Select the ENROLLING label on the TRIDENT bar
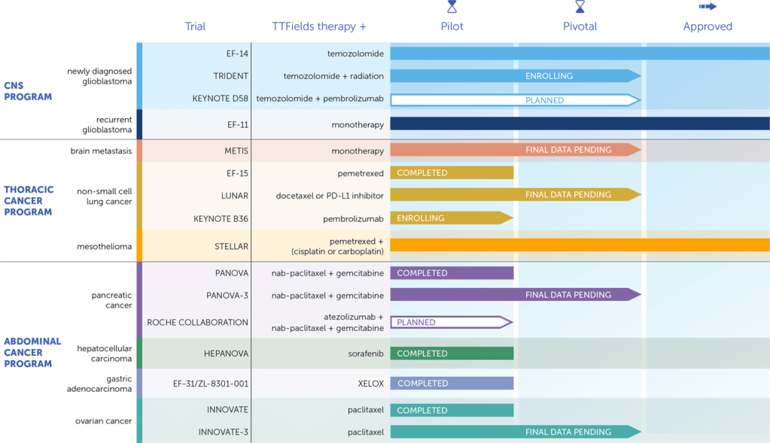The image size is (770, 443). pyautogui.click(x=549, y=76)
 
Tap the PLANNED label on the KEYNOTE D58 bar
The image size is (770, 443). pyautogui.click(x=544, y=100)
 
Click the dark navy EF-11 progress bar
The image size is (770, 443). pyautogui.click(x=580, y=124)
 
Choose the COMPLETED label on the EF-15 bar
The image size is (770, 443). pyautogui.click(x=422, y=173)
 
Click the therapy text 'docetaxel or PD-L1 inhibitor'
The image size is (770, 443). pyautogui.click(x=330, y=196)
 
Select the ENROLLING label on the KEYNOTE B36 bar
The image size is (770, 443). pyautogui.click(x=421, y=218)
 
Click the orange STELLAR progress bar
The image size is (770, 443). pyautogui.click(x=580, y=245)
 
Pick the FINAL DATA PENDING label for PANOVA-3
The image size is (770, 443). pyautogui.click(x=568, y=295)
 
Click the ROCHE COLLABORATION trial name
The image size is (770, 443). pyautogui.click(x=197, y=322)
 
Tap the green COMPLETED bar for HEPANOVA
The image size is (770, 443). pyautogui.click(x=452, y=353)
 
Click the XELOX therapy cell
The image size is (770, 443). pyautogui.click(x=370, y=384)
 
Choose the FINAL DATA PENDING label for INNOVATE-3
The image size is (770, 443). pyautogui.click(x=568, y=432)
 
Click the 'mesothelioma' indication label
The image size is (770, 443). pyautogui.click(x=105, y=247)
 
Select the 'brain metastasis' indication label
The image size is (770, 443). pyautogui.click(x=102, y=151)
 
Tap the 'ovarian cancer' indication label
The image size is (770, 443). pyautogui.click(x=105, y=420)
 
